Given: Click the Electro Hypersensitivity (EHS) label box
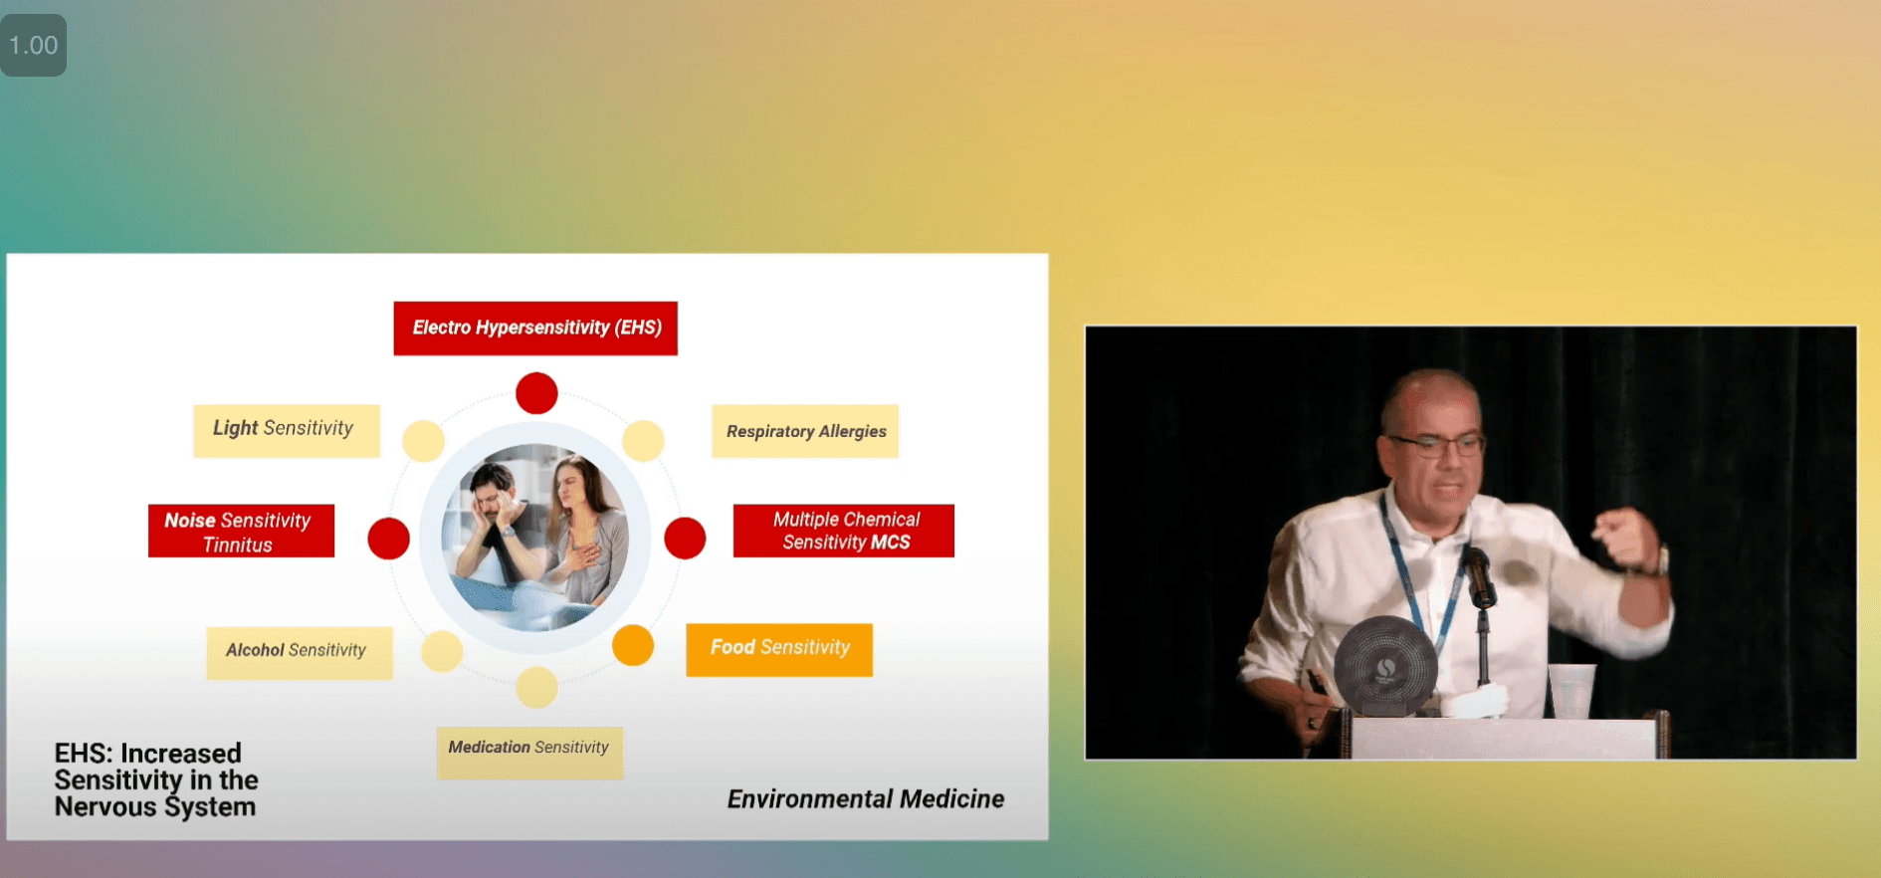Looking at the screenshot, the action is [535, 328].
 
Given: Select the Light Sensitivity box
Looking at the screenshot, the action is [287, 430].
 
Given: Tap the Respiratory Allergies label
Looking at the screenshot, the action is [805, 431].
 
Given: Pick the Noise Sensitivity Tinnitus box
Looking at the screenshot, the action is [241, 531].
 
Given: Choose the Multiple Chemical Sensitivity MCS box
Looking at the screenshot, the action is [844, 531].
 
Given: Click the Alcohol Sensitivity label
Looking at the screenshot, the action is [300, 652].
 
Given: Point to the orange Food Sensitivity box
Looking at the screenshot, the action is [779, 649].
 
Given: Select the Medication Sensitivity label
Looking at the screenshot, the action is [529, 752].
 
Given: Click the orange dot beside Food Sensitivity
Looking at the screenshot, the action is [633, 645].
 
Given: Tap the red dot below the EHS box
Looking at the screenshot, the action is [536, 393].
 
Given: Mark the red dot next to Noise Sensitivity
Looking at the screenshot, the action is [389, 539].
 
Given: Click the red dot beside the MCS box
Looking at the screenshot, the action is [685, 539].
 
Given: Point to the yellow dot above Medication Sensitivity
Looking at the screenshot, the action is [536, 687].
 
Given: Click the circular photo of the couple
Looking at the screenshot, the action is [535, 538].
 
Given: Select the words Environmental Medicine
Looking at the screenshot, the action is [866, 799].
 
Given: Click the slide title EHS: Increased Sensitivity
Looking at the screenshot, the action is [156, 780].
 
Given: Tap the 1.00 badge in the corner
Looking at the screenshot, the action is [34, 45].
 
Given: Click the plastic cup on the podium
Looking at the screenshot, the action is [1572, 690].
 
